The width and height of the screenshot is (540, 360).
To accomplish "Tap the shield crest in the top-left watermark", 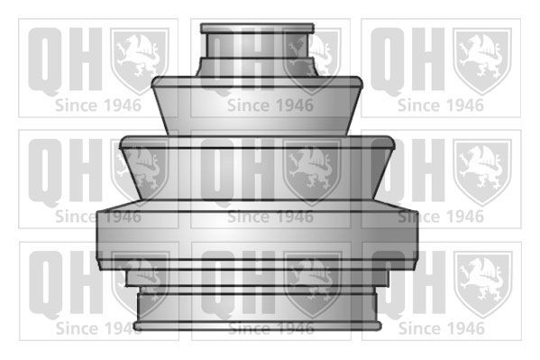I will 139,60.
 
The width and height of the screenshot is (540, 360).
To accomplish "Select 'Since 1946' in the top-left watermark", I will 97,105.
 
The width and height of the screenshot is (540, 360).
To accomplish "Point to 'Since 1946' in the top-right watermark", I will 441,105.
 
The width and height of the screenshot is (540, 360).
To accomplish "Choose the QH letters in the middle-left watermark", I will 61,169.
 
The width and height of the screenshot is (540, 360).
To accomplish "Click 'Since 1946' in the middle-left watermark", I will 97,217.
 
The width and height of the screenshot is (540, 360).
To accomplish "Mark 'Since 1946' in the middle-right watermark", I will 441,217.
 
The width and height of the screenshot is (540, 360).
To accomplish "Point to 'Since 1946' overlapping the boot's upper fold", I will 270,105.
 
